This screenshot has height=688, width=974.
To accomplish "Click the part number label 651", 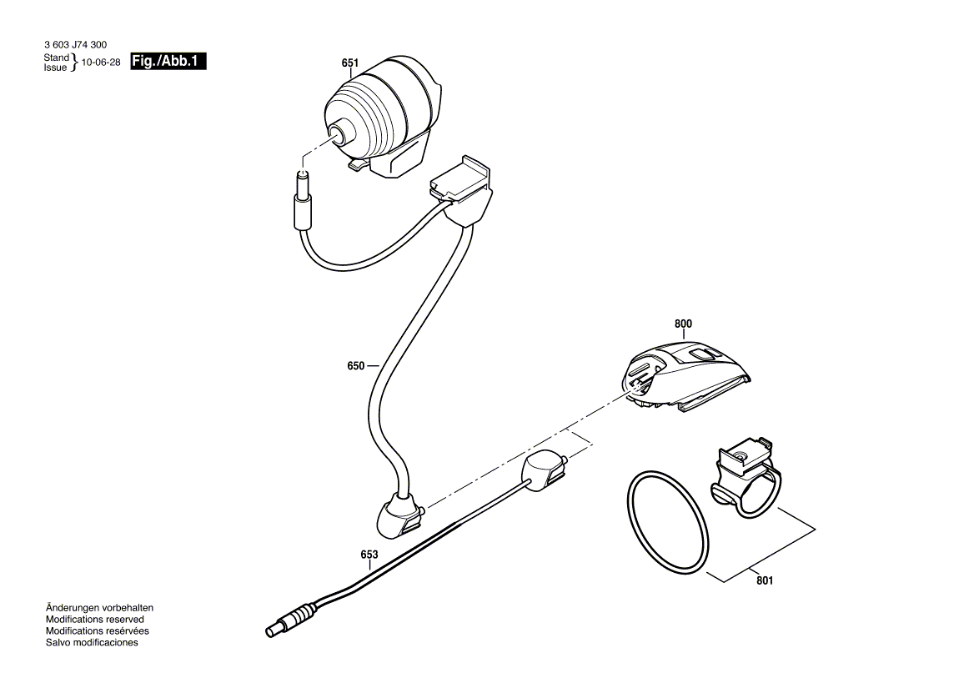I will (350, 63).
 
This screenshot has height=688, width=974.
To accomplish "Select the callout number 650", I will (356, 365).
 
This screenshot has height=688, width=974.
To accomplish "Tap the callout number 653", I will (369, 555).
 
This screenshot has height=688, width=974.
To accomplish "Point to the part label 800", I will (683, 324).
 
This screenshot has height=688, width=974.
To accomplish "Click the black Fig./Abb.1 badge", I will (168, 62).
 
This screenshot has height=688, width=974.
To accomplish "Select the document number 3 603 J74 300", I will (75, 45).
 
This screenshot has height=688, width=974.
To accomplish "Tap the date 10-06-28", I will (101, 63).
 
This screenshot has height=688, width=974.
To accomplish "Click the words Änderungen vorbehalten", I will (99, 608).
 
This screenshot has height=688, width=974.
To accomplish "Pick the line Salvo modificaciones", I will (92, 643).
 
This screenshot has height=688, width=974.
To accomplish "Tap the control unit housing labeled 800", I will (684, 377).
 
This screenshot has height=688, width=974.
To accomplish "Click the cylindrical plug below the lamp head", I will (302, 204).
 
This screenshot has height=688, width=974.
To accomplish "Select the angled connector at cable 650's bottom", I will (398, 515).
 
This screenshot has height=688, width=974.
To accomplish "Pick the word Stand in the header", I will (57, 58).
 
